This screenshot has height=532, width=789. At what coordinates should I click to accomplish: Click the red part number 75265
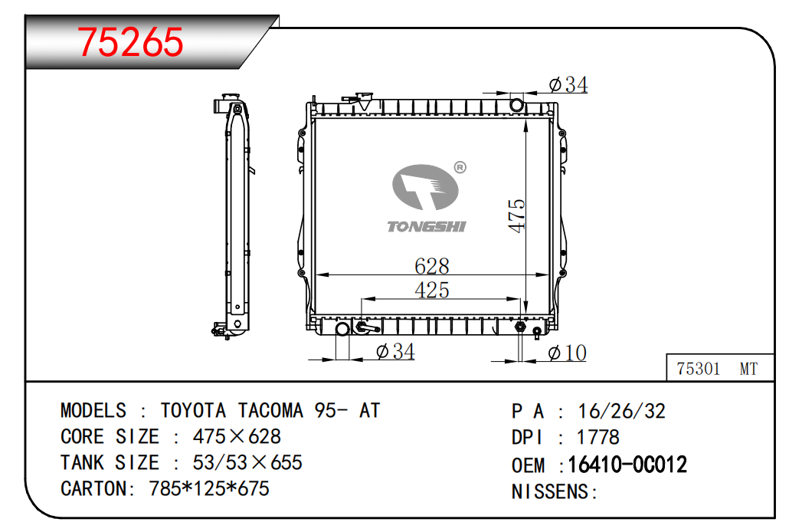[x=130, y=42]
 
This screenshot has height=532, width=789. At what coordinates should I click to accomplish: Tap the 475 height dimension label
[x=516, y=216]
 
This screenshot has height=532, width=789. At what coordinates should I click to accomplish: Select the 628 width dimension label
[x=432, y=266]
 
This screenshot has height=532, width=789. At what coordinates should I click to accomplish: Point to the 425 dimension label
[x=432, y=290]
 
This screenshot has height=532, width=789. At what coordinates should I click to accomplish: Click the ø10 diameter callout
[x=567, y=353]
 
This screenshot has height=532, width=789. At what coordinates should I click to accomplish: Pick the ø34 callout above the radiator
[x=568, y=84]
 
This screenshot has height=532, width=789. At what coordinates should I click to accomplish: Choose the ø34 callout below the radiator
[x=395, y=351]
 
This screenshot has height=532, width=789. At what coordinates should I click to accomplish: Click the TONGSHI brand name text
[x=427, y=227]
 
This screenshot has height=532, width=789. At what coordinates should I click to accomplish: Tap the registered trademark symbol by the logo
[x=460, y=167]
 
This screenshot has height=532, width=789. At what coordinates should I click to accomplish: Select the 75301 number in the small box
[x=698, y=369]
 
